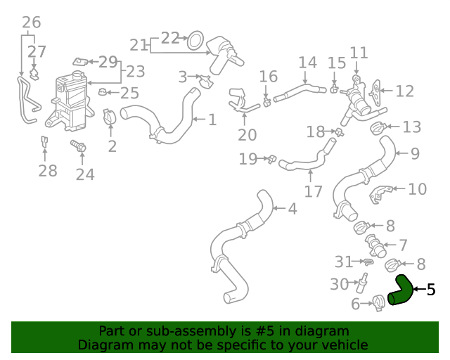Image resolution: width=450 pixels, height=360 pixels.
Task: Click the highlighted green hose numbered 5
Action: (401, 291)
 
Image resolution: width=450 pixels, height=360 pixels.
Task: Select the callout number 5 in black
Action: (431, 289)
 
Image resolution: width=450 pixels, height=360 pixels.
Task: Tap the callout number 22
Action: (170, 38)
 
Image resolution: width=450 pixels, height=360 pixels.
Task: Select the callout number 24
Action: (85, 174)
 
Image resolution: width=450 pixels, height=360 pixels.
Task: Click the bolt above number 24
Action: (77, 146)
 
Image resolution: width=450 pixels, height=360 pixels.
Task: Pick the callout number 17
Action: (313, 191)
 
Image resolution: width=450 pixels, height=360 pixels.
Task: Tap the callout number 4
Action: (292, 208)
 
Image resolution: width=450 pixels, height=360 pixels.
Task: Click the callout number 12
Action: (404, 91)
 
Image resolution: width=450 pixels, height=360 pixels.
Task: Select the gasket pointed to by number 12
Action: (378, 90)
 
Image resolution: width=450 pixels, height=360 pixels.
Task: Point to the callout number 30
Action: (340, 284)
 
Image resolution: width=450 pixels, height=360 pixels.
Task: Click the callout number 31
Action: (343, 262)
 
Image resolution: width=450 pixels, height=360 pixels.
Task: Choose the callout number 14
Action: (307, 62)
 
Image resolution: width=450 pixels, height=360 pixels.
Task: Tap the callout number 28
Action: (47, 171)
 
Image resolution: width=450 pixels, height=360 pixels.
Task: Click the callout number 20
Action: (247, 135)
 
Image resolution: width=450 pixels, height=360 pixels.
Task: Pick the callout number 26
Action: (31, 22)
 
